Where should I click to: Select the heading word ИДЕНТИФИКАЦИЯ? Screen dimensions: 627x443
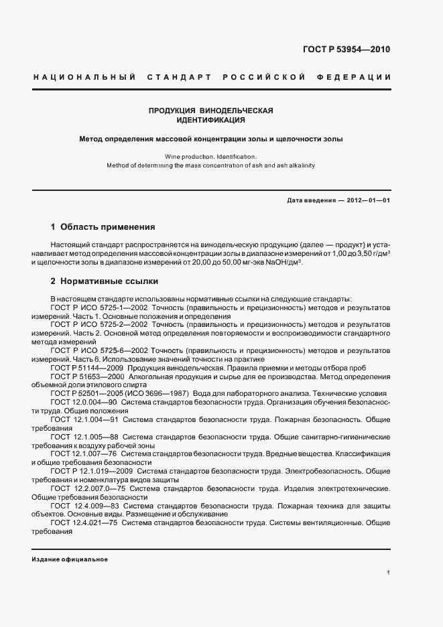click(211, 121)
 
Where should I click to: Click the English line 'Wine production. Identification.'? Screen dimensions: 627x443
click(211, 155)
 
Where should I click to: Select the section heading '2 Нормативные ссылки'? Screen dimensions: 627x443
click(105, 281)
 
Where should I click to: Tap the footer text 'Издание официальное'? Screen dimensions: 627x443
click(70, 559)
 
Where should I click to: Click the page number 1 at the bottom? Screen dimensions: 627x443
click(389, 573)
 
